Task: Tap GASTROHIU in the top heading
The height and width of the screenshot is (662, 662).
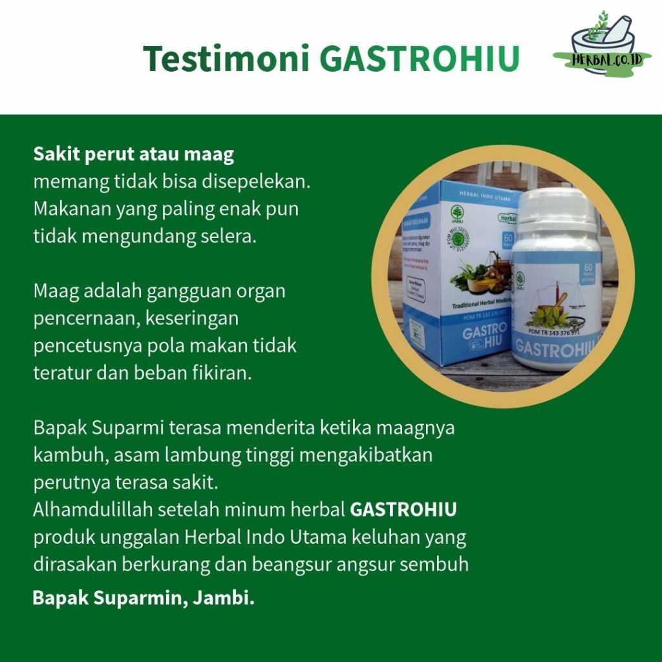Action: pyautogui.click(x=420, y=59)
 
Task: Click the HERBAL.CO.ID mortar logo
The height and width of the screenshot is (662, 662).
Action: pyautogui.click(x=603, y=44)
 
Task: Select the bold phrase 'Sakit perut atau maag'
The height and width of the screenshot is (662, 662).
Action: pyautogui.click(x=134, y=155)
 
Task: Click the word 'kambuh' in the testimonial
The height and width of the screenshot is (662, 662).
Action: pyautogui.click(x=71, y=455)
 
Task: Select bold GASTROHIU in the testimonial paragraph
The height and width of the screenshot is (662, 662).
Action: pyautogui.click(x=403, y=509)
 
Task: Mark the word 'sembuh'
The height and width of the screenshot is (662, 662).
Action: pyautogui.click(x=434, y=564)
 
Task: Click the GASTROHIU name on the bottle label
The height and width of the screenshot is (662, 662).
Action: pyautogui.click(x=556, y=350)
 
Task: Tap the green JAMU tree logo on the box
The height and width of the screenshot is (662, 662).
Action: pyautogui.click(x=457, y=213)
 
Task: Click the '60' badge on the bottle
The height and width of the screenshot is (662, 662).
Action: pyautogui.click(x=588, y=266)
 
